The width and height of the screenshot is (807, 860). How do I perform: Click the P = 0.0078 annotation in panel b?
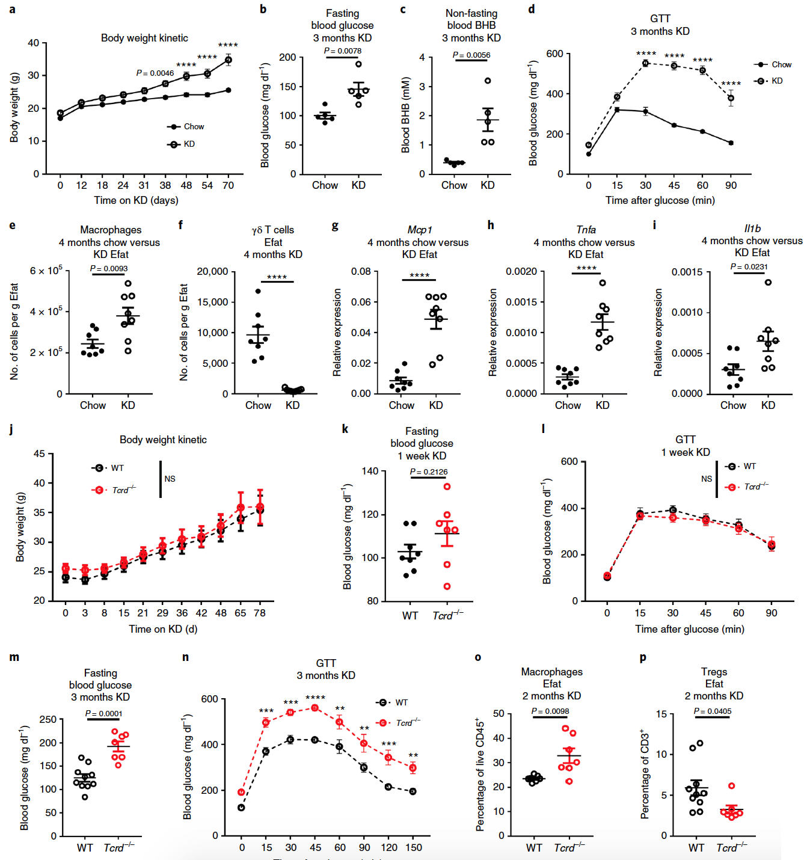click(x=343, y=51)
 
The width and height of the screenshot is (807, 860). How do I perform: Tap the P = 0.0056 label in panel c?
click(x=471, y=55)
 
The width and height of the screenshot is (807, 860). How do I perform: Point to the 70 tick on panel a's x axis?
click(x=228, y=186)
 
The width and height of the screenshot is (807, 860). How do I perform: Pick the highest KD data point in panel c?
click(x=488, y=81)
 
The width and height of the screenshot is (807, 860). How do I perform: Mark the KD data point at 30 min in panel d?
click(x=645, y=63)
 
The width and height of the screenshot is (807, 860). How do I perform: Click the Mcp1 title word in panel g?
click(x=419, y=230)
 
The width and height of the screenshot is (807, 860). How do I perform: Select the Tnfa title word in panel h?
click(x=586, y=230)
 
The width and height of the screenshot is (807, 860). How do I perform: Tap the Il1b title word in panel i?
click(x=752, y=229)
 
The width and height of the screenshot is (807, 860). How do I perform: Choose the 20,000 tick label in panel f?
click(x=212, y=272)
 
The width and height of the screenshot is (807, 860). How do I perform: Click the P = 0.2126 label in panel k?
click(x=429, y=472)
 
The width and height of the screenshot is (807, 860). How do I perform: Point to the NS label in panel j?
click(x=170, y=479)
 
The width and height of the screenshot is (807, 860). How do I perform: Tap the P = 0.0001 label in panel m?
click(x=103, y=714)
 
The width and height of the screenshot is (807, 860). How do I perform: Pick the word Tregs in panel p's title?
click(x=714, y=672)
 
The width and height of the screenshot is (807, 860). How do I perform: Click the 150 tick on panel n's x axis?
click(x=413, y=848)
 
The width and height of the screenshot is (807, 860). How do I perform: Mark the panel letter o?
click(x=478, y=657)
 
